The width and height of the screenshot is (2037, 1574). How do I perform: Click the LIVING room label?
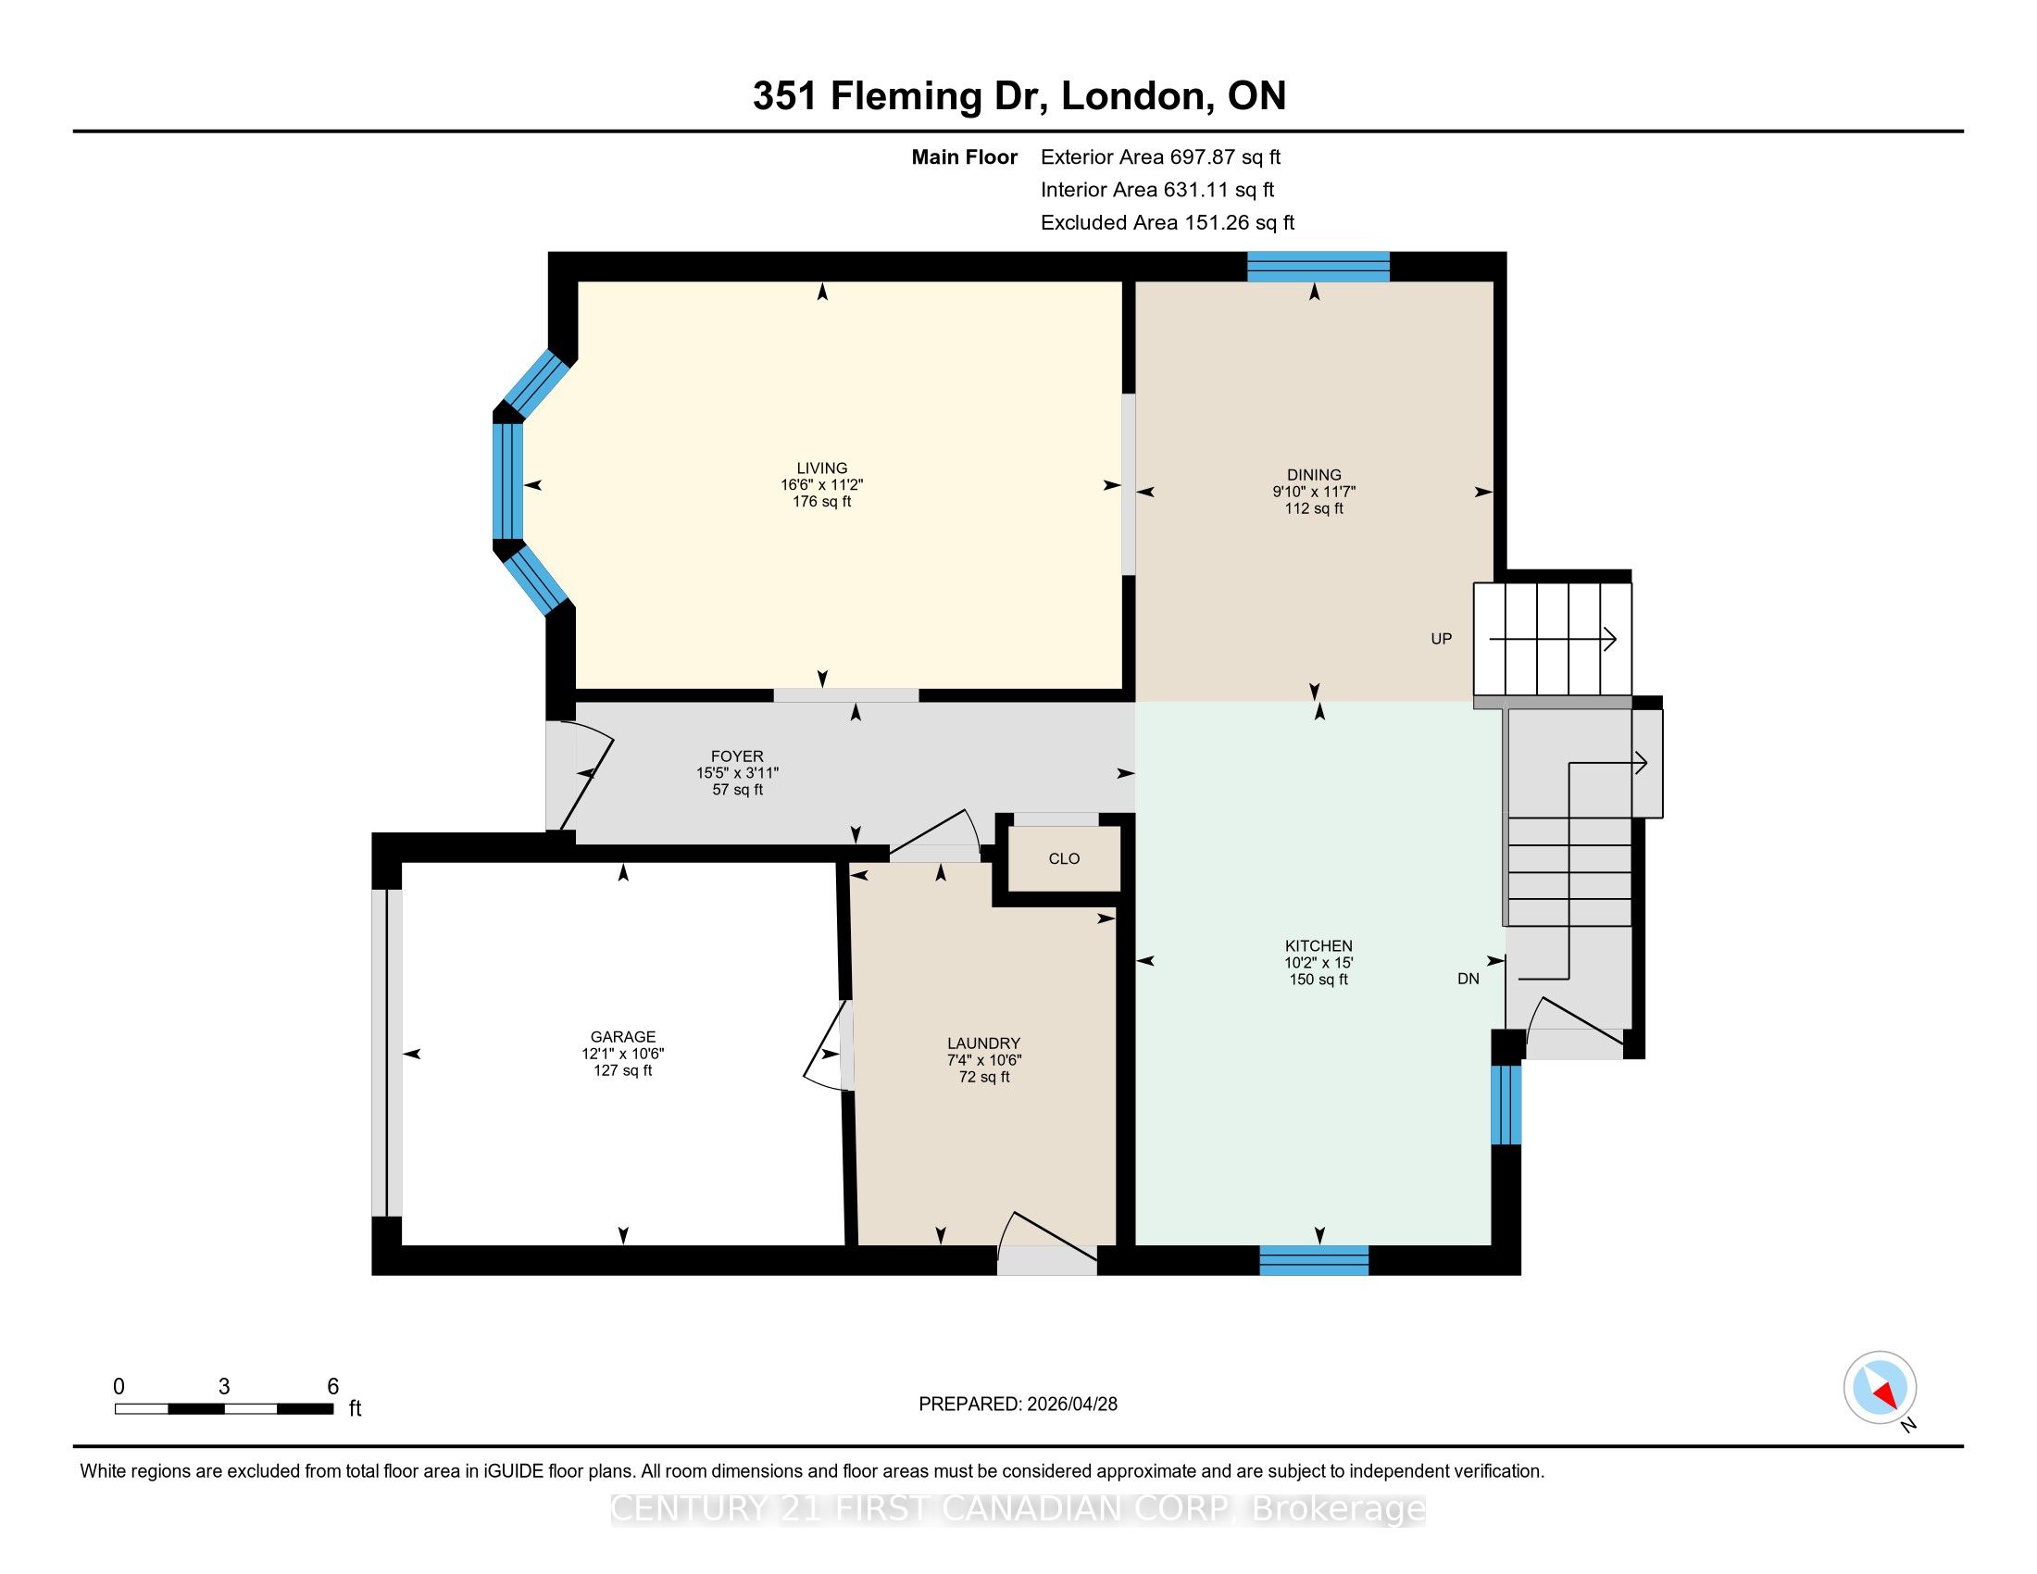point(821,468)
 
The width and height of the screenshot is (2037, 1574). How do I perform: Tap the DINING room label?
point(1314,475)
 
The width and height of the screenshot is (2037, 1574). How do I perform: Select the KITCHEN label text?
point(1318,945)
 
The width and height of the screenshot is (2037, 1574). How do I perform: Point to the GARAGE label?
point(623,1037)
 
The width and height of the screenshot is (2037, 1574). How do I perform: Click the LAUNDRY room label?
point(984,1043)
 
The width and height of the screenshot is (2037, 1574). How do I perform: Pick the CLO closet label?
point(1064,859)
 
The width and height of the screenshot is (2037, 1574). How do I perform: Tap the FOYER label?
point(737,756)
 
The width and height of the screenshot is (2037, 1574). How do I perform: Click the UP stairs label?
point(1441,639)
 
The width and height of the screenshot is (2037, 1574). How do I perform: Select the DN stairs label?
point(1468,979)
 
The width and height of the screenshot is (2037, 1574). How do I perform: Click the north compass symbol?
point(1881,1387)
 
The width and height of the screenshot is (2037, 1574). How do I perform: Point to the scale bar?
point(224,1408)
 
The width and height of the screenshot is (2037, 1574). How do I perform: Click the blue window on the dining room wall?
point(1318,267)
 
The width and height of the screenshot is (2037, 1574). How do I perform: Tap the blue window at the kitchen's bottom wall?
point(1314,1261)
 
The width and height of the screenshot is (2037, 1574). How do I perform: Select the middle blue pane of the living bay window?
point(507,482)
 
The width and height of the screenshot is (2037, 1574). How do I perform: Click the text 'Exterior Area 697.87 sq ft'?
point(1161,157)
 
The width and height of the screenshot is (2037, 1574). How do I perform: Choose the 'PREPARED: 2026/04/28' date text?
point(1018,1405)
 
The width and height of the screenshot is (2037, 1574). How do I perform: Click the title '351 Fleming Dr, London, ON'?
point(1019,96)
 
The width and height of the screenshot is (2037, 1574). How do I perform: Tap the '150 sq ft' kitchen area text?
point(1318,979)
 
